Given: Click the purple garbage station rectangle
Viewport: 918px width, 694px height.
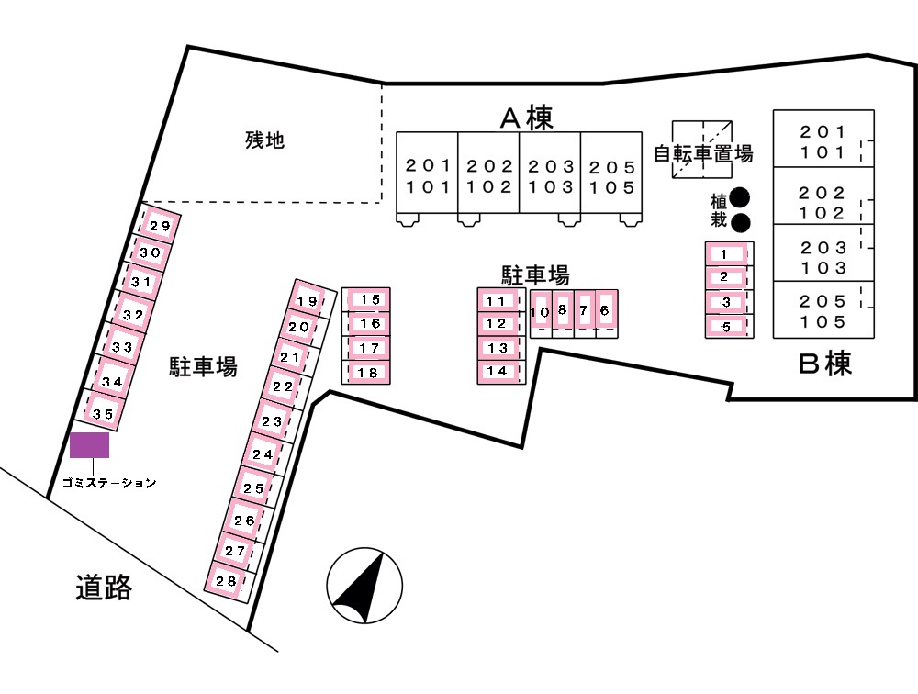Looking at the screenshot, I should (x=90, y=445).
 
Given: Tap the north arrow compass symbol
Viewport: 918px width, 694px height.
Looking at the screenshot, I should (x=364, y=588).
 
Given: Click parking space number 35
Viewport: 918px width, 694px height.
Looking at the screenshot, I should (x=104, y=414).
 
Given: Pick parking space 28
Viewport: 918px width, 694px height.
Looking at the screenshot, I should (x=226, y=580).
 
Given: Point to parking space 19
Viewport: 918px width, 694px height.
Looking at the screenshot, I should (x=308, y=301).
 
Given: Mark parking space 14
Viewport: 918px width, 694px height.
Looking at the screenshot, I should (x=497, y=371).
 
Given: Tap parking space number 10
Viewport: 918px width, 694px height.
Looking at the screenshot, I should (x=540, y=312).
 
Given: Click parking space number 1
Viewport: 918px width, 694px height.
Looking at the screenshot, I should (x=724, y=253).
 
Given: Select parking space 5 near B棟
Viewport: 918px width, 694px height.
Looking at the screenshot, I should (x=725, y=326).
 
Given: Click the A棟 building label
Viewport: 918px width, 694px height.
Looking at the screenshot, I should (x=526, y=118).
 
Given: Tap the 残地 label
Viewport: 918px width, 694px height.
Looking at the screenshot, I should (x=264, y=140).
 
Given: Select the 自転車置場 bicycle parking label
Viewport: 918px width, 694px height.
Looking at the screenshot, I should (x=703, y=154).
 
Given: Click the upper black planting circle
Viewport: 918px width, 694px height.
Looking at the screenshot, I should (x=740, y=197).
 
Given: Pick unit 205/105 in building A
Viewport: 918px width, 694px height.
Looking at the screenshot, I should (x=611, y=177).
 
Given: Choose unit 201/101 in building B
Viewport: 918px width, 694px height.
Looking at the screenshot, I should (x=823, y=141).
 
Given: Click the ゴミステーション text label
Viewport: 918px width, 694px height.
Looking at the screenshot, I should (x=109, y=482).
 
